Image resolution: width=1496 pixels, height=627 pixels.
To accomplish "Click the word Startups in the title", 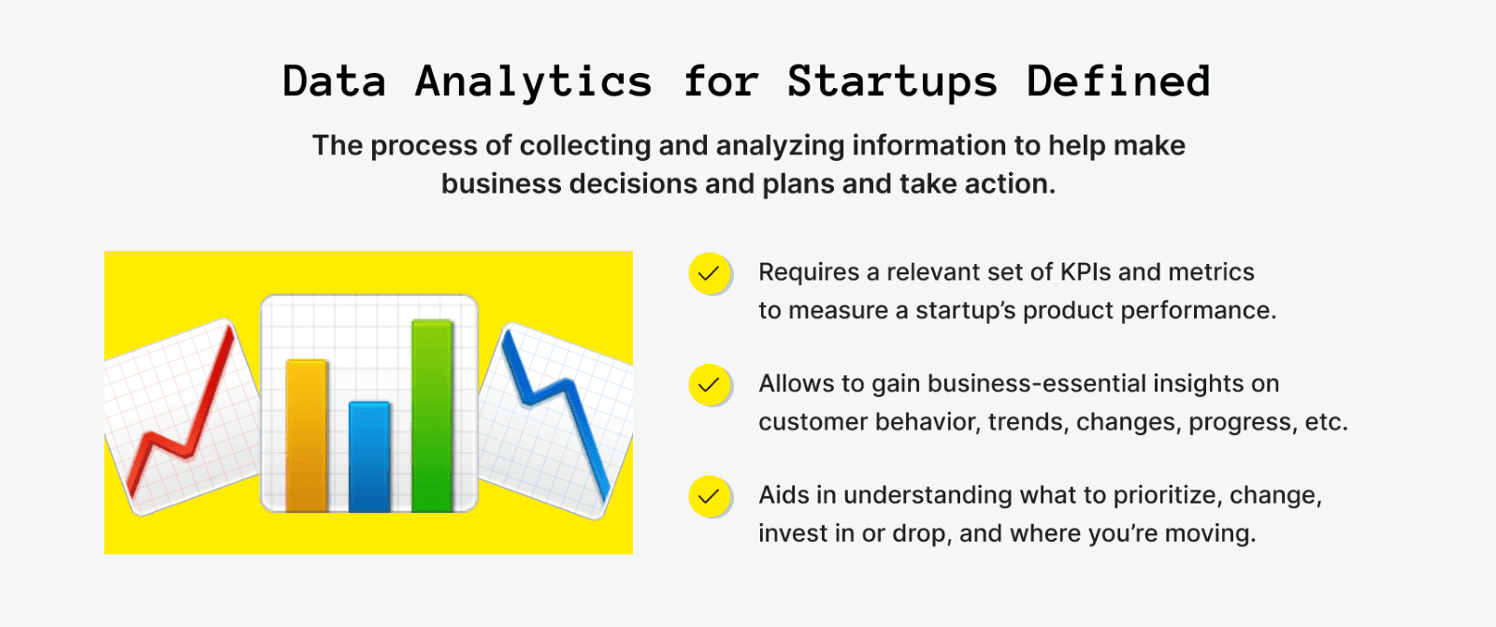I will pos(891,82).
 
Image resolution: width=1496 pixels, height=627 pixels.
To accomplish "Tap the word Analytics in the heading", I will pos(533,82).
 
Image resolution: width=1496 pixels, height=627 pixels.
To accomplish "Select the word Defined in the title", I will pos(1118,81).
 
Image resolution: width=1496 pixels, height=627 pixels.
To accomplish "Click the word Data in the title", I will pos(334,81).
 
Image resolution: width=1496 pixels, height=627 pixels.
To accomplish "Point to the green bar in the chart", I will pos(432,416).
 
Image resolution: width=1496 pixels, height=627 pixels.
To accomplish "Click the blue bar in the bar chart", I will pos(369,456).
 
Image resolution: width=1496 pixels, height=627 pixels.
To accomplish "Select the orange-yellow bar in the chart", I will pos(307,435).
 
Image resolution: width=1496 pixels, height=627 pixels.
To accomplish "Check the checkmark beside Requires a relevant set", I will pos(709,273).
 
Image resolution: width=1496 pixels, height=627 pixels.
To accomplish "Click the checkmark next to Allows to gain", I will pos(709,385).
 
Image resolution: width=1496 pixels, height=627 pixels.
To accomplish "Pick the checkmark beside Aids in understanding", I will pos(709,496).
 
